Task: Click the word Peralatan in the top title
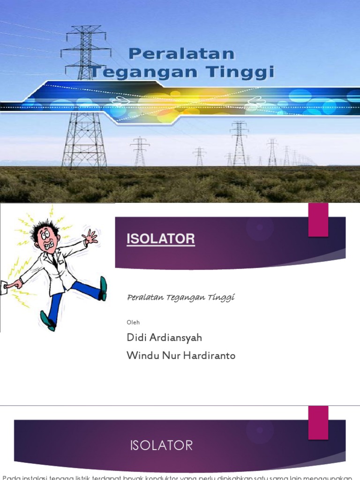pyautogui.click(x=181, y=54)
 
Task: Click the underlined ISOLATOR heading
pyautogui.click(x=161, y=240)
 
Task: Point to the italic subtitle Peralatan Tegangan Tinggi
pyautogui.click(x=180, y=297)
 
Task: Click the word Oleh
pyautogui.click(x=133, y=322)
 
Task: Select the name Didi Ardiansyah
pyautogui.click(x=164, y=337)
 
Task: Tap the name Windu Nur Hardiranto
pyautogui.click(x=181, y=356)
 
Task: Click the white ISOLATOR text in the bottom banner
pyautogui.click(x=161, y=445)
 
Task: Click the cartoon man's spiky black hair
pyautogui.click(x=46, y=225)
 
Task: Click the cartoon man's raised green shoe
pyautogui.click(x=103, y=288)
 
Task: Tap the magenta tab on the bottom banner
pyautogui.click(x=318, y=422)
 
